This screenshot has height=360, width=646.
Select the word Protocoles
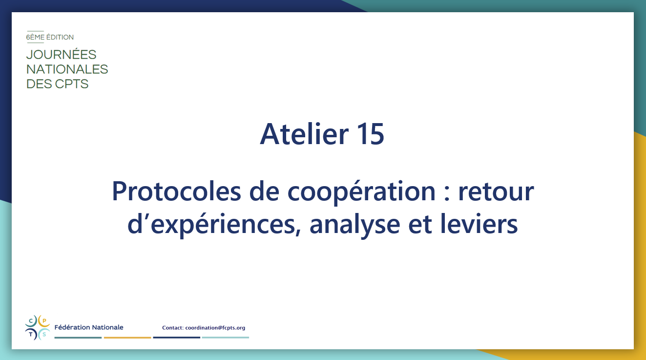[x=176, y=191]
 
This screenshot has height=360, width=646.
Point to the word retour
[x=496, y=192]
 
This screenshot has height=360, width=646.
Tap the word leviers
[x=479, y=223]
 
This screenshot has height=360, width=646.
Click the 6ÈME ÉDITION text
[x=50, y=37]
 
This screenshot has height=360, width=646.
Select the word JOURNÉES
[x=61, y=55]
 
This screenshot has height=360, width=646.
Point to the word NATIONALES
[x=67, y=69]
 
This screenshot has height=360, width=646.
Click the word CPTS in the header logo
[x=71, y=84]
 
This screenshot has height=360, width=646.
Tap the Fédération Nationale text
[x=89, y=327]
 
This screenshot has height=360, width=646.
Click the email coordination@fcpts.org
[x=215, y=328]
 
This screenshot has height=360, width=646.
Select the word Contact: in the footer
[x=173, y=328]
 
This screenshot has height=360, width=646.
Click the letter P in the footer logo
[x=44, y=321]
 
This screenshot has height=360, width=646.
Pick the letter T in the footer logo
[x=31, y=335]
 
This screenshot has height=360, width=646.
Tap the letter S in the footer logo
[x=44, y=335]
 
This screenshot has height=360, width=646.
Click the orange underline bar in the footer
[x=127, y=338]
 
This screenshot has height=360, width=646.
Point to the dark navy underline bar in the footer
[x=176, y=338]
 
